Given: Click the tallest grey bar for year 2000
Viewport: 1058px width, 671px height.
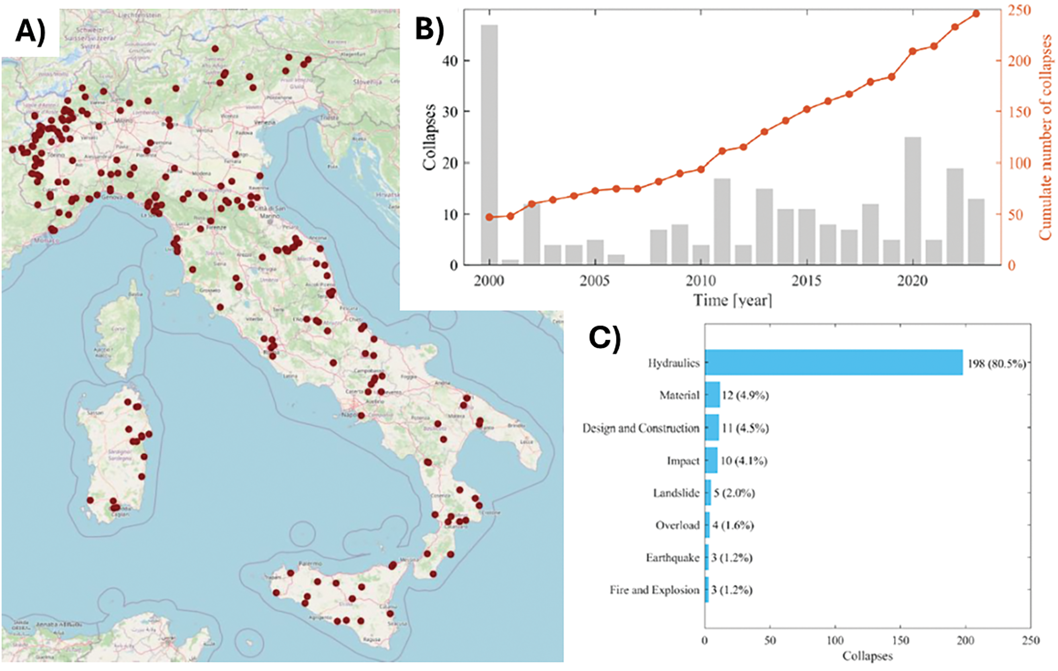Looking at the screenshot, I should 489,145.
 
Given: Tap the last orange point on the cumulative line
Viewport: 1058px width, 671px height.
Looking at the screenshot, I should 976,14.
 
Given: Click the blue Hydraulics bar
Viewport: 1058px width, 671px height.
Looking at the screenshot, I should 833,362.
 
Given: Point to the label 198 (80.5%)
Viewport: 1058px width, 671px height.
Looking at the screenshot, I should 997,363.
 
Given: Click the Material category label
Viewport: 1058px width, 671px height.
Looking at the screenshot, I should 679,395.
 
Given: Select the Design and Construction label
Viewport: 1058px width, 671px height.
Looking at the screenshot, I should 641,428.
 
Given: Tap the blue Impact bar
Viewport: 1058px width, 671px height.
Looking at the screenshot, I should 711,460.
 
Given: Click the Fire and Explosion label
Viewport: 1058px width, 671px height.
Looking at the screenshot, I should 654,590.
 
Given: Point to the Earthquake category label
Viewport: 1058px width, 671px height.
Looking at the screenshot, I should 672,558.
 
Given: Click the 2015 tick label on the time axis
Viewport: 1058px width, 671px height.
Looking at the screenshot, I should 806,281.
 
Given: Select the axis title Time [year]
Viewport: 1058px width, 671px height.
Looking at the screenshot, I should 733,300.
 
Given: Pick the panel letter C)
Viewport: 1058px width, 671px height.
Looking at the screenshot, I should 605,339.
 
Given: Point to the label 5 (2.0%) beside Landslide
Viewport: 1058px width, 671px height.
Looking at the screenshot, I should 734,493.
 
